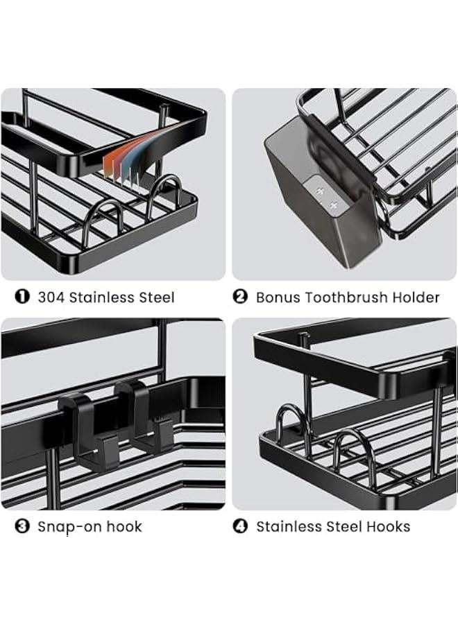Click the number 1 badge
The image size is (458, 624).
[x=22, y=297]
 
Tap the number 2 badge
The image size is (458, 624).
[x=240, y=297]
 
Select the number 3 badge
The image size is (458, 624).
[x=22, y=526]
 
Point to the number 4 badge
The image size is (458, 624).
[x=240, y=526]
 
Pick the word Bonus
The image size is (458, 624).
[x=278, y=297]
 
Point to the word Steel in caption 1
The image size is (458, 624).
[x=156, y=297]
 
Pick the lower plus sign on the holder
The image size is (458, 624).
[x=334, y=205]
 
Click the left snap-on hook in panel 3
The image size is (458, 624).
[x=80, y=426]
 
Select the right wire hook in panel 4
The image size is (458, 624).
[x=354, y=451]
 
